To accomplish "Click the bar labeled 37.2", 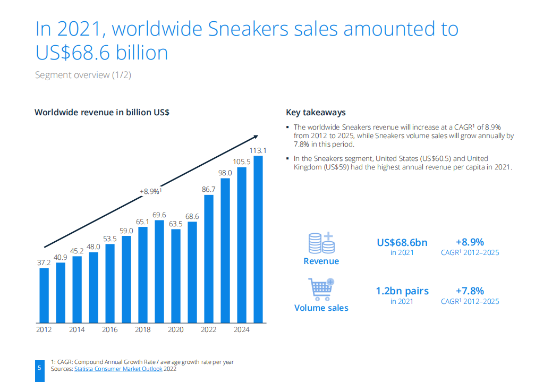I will [x=44, y=295].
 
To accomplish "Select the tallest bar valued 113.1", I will [x=258, y=239].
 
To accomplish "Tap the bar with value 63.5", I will [x=176, y=276].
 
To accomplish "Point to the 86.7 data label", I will [x=209, y=189].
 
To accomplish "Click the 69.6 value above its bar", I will [x=159, y=215].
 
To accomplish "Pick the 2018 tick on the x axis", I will [x=142, y=330].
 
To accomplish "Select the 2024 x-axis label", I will [x=241, y=330].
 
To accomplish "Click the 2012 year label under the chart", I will [x=44, y=330].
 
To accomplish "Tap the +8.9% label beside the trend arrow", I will [x=150, y=191].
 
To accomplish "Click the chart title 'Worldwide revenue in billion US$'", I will [x=102, y=112].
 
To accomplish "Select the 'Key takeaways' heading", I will [x=316, y=112].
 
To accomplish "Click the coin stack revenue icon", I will [x=321, y=243].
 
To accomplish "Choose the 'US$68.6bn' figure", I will [x=402, y=243].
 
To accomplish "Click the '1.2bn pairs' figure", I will [x=402, y=291].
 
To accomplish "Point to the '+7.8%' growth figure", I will [x=470, y=291].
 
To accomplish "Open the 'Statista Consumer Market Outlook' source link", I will [x=118, y=369].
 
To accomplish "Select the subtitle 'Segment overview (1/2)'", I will [x=83, y=75].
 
